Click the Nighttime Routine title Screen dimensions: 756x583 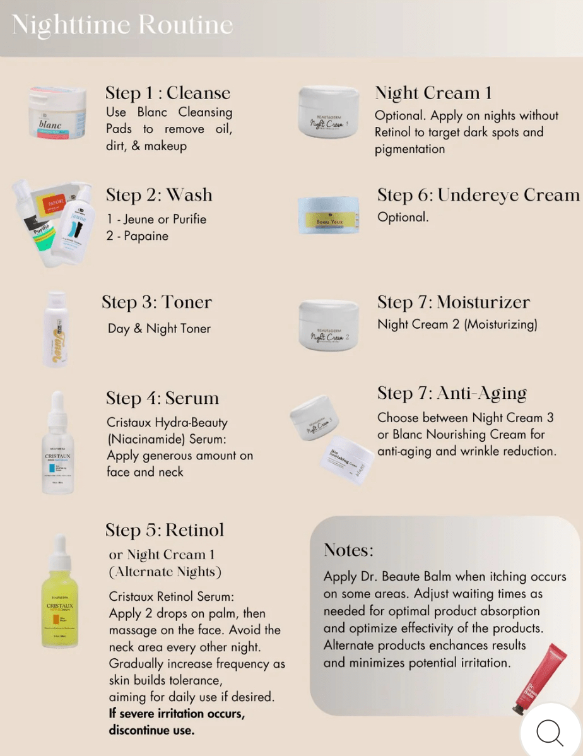122,25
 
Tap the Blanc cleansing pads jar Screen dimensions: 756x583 57,114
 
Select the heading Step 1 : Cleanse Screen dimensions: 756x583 168,93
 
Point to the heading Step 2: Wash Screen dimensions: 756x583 159,195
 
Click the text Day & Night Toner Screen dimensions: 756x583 159,328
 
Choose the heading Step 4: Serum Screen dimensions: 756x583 163,398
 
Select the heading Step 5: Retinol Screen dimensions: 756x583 165,530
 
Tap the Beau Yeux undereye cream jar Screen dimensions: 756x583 328,216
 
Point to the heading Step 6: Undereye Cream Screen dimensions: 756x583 478,195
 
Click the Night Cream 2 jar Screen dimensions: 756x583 328,324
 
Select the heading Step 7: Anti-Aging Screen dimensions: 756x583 452,393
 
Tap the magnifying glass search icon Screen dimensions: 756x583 550,732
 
